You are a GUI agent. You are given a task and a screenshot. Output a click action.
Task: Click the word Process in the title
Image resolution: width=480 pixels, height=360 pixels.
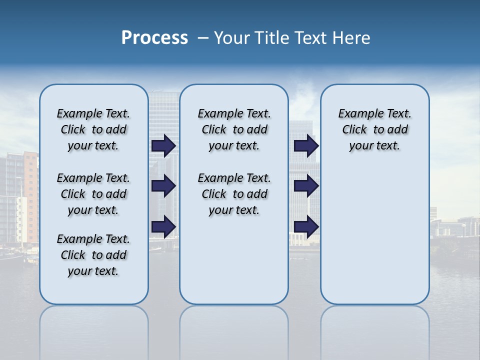pyautogui.click(x=154, y=38)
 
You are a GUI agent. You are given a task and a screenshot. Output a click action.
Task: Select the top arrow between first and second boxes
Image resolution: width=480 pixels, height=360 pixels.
pyautogui.click(x=163, y=145)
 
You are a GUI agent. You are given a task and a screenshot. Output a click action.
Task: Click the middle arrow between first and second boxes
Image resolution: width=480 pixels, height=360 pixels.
pyautogui.click(x=163, y=186)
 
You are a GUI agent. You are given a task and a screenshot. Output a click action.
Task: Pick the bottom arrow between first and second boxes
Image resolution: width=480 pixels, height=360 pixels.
pyautogui.click(x=163, y=226)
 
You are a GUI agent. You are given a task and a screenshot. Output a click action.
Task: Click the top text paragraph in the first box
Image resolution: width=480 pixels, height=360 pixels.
pyautogui.click(x=93, y=129)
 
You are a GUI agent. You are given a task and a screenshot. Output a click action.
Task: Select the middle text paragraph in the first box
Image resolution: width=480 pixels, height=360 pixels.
pyautogui.click(x=93, y=194)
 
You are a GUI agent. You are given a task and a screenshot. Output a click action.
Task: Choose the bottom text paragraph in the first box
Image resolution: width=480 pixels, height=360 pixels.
pyautogui.click(x=93, y=255)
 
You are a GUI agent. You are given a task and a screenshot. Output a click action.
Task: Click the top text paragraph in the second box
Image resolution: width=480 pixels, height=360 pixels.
pyautogui.click(x=234, y=129)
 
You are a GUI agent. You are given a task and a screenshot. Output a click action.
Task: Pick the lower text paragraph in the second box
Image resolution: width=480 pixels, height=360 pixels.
pyautogui.click(x=234, y=194)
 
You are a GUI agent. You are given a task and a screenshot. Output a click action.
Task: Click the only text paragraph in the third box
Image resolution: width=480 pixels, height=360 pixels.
pyautogui.click(x=374, y=129)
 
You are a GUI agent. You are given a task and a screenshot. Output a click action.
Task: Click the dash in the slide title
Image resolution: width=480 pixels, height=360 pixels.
pyautogui.click(x=203, y=38)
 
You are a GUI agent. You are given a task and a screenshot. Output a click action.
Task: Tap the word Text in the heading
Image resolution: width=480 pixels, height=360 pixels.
pyautogui.click(x=309, y=38)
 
